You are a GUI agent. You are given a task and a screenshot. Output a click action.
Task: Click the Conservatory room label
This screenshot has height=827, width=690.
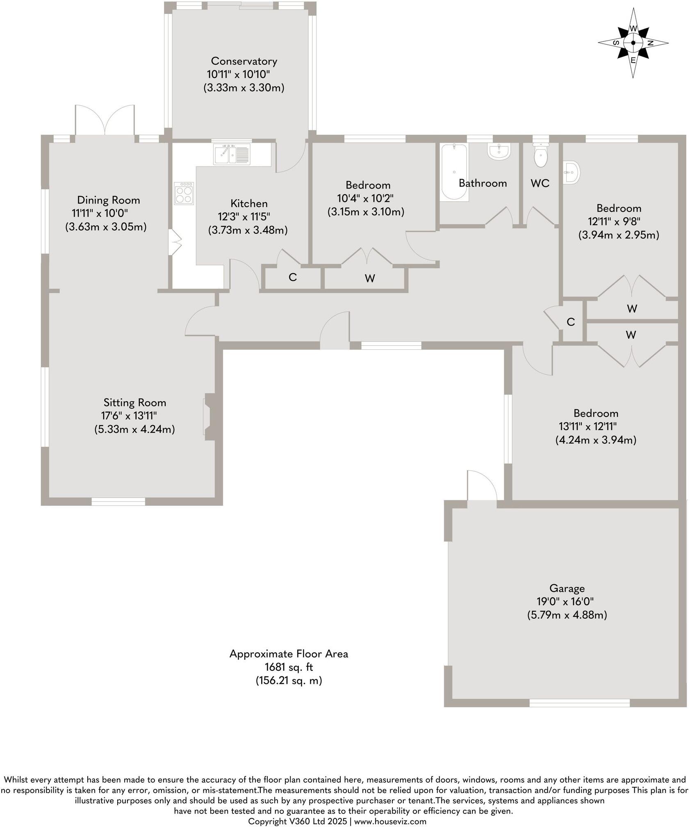tap(244, 61)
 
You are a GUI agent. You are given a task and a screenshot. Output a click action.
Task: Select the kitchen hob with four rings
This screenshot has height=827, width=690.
tap(184, 193)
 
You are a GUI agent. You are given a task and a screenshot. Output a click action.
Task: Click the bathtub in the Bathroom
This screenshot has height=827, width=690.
tap(453, 172)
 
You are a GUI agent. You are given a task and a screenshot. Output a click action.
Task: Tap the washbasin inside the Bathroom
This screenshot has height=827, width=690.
tap(499, 151)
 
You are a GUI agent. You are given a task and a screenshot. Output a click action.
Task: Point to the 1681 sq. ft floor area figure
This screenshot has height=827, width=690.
tap(289, 667)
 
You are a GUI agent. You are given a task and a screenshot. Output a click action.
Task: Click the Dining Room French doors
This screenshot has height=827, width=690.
tap(105, 121)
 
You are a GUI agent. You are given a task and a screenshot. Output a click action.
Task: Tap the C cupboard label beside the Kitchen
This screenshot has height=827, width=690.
tap(292, 278)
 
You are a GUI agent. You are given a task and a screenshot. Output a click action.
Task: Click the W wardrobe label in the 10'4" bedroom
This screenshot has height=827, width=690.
tap(369, 279)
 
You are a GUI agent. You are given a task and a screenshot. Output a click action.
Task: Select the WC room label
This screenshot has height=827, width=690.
tap(540, 183)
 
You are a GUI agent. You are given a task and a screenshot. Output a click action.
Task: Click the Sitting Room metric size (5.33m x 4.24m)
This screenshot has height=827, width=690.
tap(134, 429)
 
